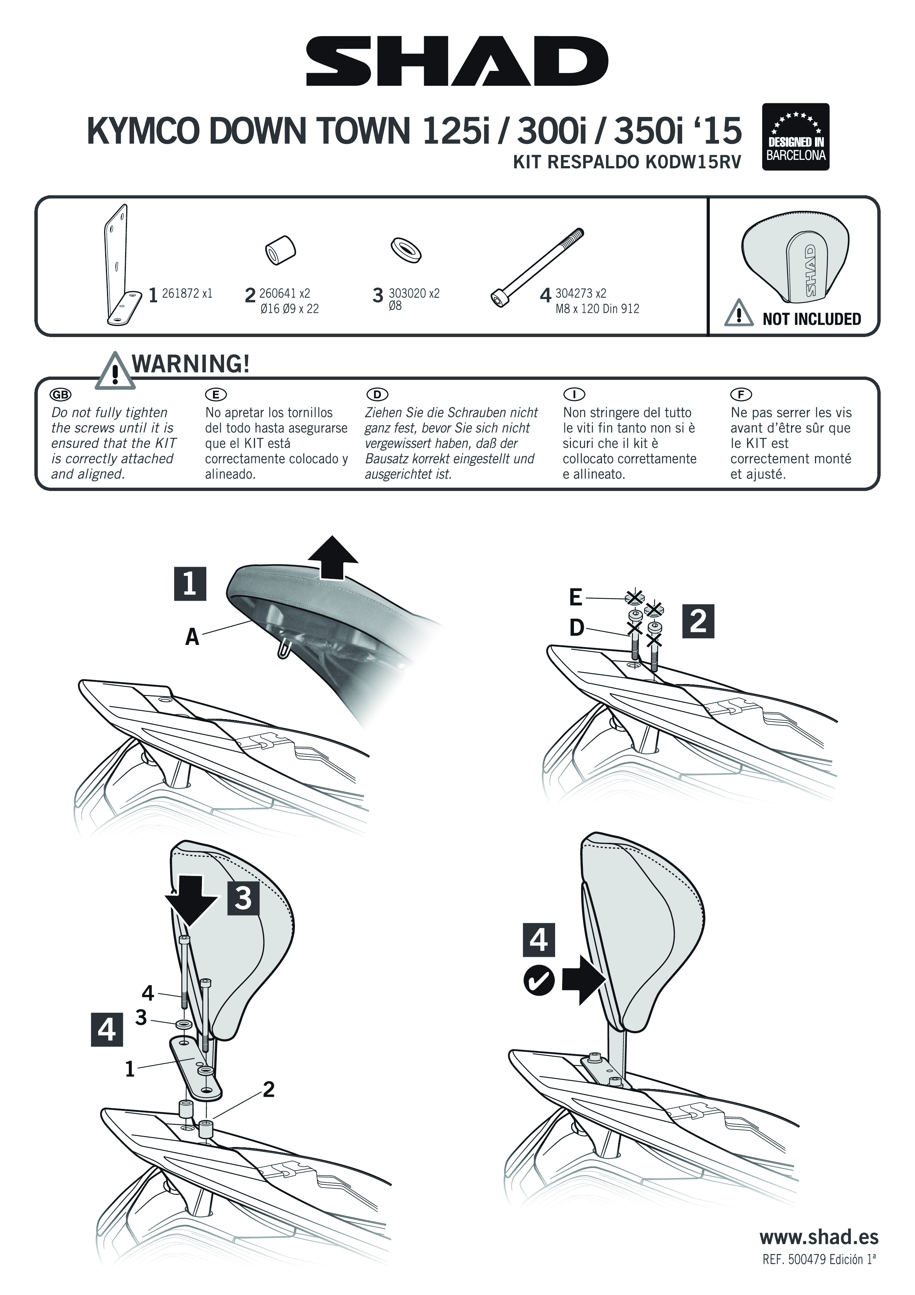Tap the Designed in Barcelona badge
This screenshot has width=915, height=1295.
(795, 137)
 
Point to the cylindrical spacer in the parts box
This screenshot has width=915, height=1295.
(280, 250)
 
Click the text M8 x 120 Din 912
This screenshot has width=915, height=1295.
(597, 309)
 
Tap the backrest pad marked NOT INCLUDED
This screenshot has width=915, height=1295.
(794, 260)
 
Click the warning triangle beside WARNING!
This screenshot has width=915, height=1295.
(116, 372)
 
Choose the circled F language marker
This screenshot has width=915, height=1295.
(741, 394)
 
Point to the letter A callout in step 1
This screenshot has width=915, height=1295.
(192, 637)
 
